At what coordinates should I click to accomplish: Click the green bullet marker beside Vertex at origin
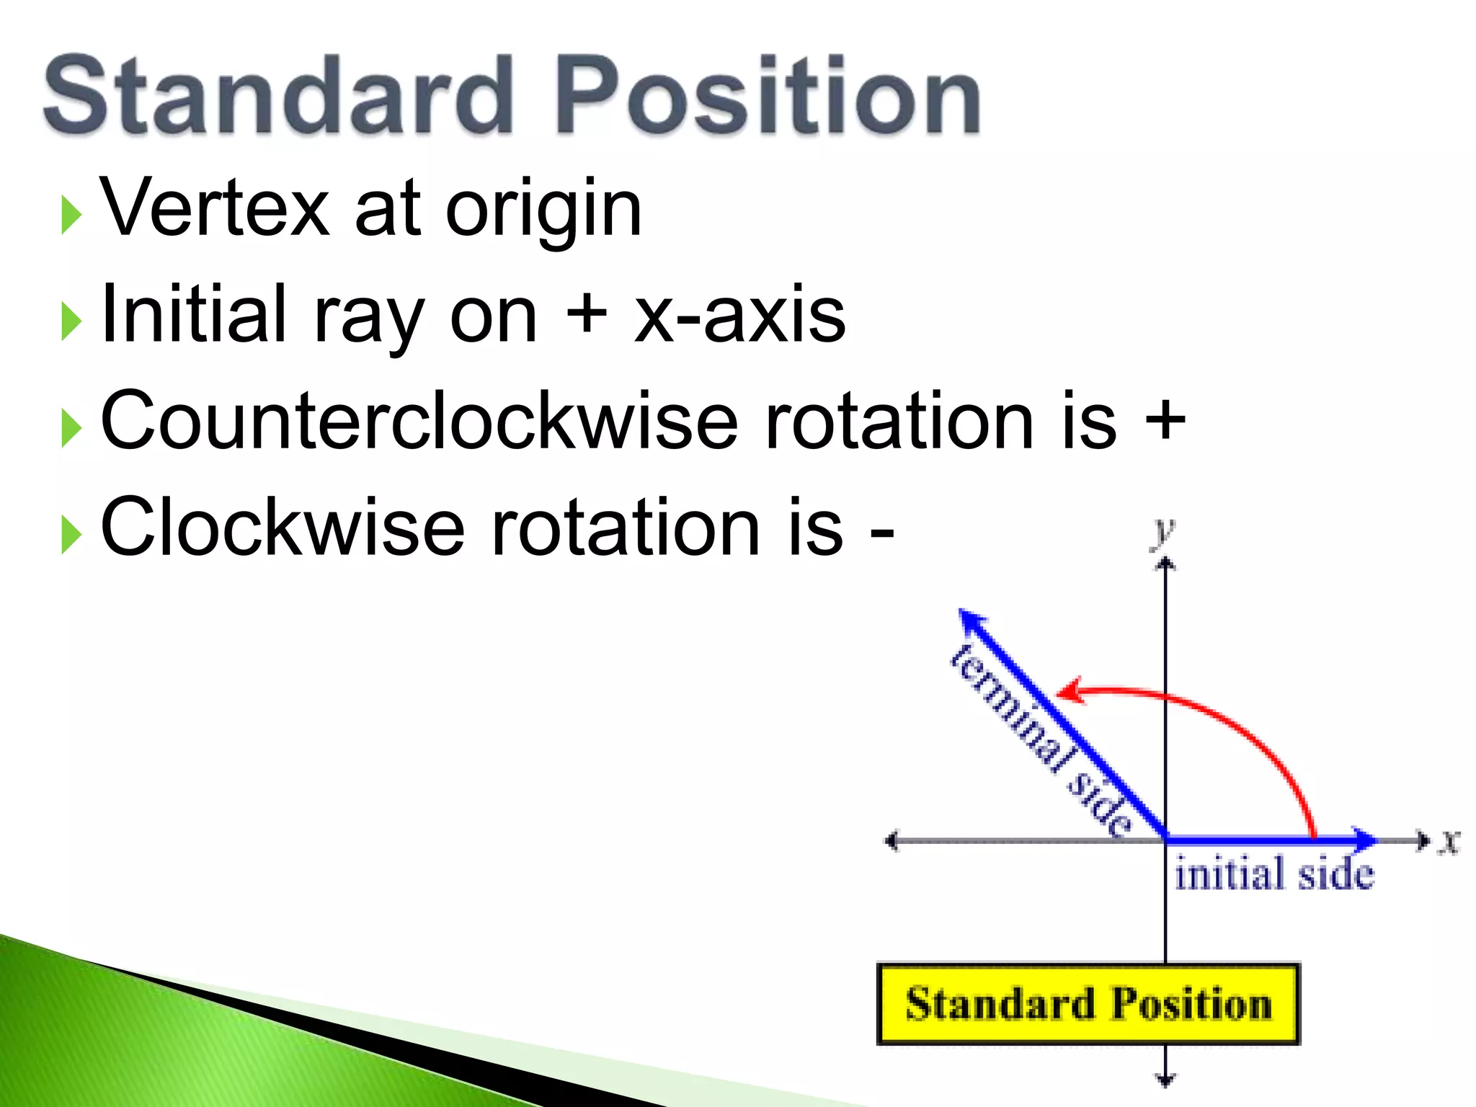71,215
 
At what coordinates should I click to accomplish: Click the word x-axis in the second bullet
739,317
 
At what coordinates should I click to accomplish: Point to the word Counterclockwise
419,422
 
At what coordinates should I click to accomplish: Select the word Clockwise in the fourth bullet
283,528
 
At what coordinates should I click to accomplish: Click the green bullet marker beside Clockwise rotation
71,535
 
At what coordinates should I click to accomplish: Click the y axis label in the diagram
1162,533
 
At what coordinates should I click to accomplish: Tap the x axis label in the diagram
1449,841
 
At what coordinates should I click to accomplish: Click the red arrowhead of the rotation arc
1069,690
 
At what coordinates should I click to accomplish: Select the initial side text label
1274,874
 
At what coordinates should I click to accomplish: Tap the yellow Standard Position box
1088,1004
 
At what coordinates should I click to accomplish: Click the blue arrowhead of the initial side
1364,840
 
